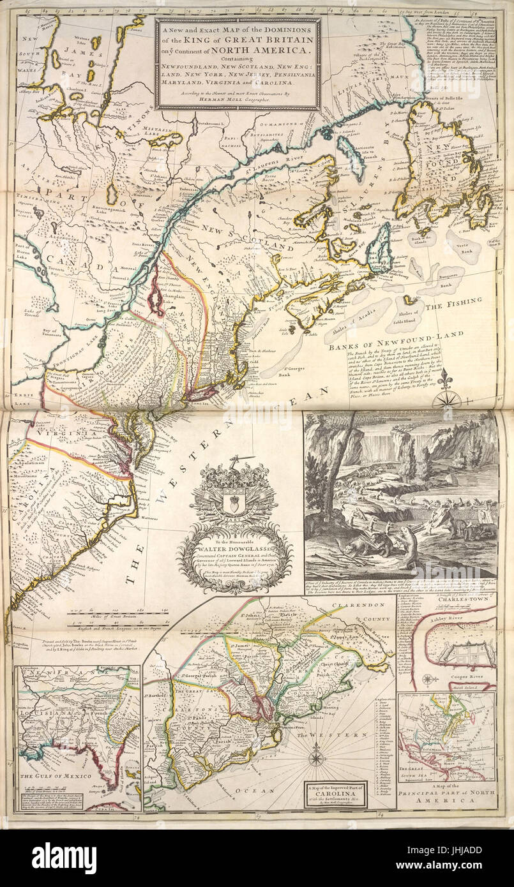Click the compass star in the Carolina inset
(x=315, y=759)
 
